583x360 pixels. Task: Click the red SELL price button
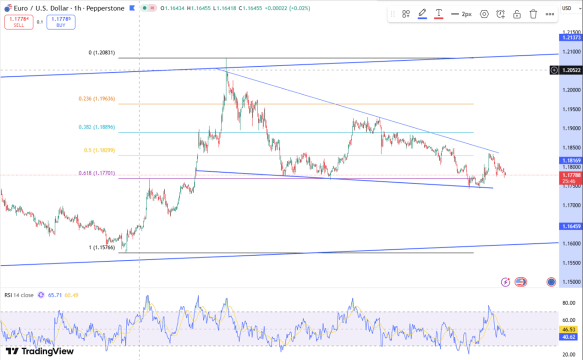19,22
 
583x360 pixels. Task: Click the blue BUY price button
61,22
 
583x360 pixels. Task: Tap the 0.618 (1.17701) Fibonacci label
97,173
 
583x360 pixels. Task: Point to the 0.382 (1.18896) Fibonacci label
97,127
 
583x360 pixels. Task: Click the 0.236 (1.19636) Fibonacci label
97,98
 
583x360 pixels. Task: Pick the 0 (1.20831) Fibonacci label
102,53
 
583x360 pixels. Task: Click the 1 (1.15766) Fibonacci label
102,247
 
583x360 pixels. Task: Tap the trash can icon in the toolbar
533,14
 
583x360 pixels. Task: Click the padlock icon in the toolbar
517,14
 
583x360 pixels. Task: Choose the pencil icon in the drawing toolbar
422,13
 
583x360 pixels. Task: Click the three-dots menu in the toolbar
550,14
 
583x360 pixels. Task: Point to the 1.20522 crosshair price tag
571,70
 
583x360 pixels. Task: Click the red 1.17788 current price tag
571,176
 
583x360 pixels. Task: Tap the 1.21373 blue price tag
571,37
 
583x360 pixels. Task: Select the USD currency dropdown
568,8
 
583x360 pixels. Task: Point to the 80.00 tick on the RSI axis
569,303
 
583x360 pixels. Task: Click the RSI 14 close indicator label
19,295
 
